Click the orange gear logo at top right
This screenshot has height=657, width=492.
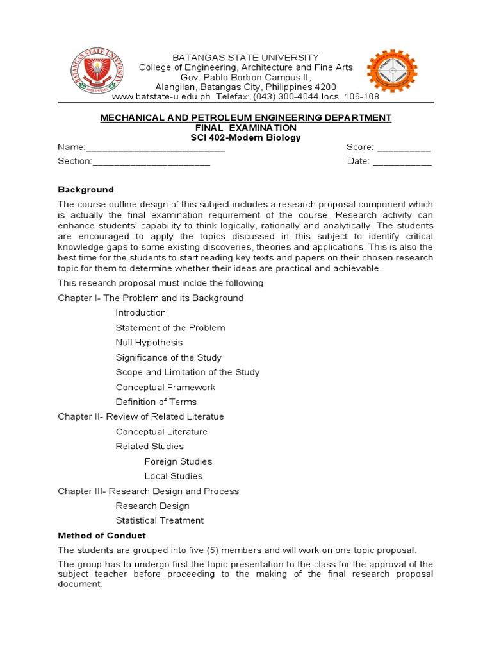[x=391, y=71]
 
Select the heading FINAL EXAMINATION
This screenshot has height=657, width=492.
[x=245, y=128]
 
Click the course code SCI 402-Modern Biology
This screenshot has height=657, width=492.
[x=245, y=137]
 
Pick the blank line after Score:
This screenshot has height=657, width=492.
[x=404, y=148]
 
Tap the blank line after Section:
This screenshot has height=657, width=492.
[x=151, y=162]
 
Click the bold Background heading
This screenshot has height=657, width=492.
[x=86, y=190]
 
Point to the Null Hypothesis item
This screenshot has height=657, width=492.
[x=149, y=343]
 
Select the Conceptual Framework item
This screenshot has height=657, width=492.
[x=165, y=387]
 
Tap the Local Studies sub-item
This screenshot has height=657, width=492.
[x=174, y=476]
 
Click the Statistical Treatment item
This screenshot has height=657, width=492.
[x=160, y=520]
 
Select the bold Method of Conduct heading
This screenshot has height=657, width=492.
[x=102, y=535]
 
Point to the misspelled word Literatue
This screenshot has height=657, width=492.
[x=204, y=416]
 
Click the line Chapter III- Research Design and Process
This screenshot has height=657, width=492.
[x=148, y=491]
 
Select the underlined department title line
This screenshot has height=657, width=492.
[x=245, y=117]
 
